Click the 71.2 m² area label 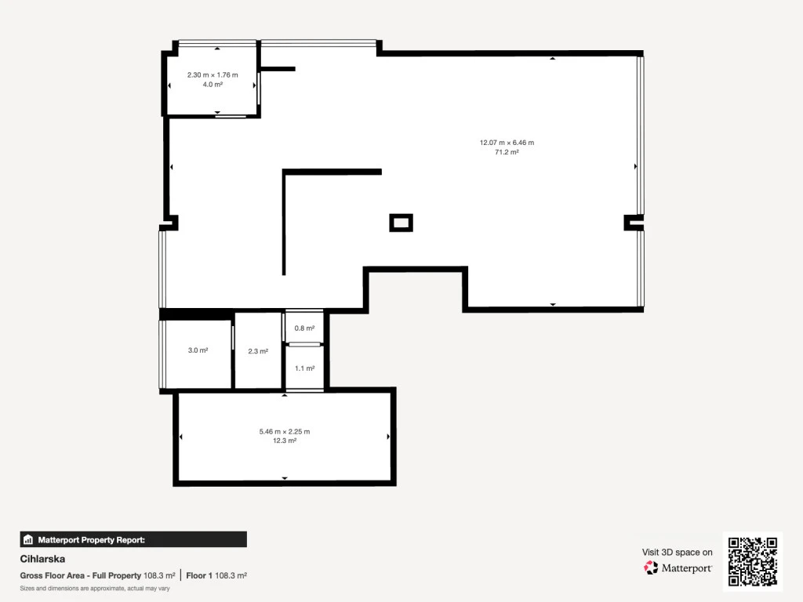[507, 152]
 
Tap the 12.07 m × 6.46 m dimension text [507, 143]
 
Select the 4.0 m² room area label [213, 85]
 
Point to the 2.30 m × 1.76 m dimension [213, 74]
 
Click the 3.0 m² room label [198, 350]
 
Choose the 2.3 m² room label [258, 351]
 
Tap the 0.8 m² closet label [304, 328]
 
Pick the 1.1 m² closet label [304, 368]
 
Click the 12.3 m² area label [284, 441]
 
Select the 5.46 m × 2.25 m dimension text [284, 431]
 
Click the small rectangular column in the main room [401, 223]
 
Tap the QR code [753, 561]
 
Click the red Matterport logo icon [651, 568]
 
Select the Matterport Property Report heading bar [133, 539]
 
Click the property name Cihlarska [42, 559]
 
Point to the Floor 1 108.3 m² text [216, 575]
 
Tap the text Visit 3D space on [677, 552]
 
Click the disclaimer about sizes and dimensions [95, 588]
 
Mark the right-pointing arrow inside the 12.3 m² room [388, 437]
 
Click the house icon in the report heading [28, 539]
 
